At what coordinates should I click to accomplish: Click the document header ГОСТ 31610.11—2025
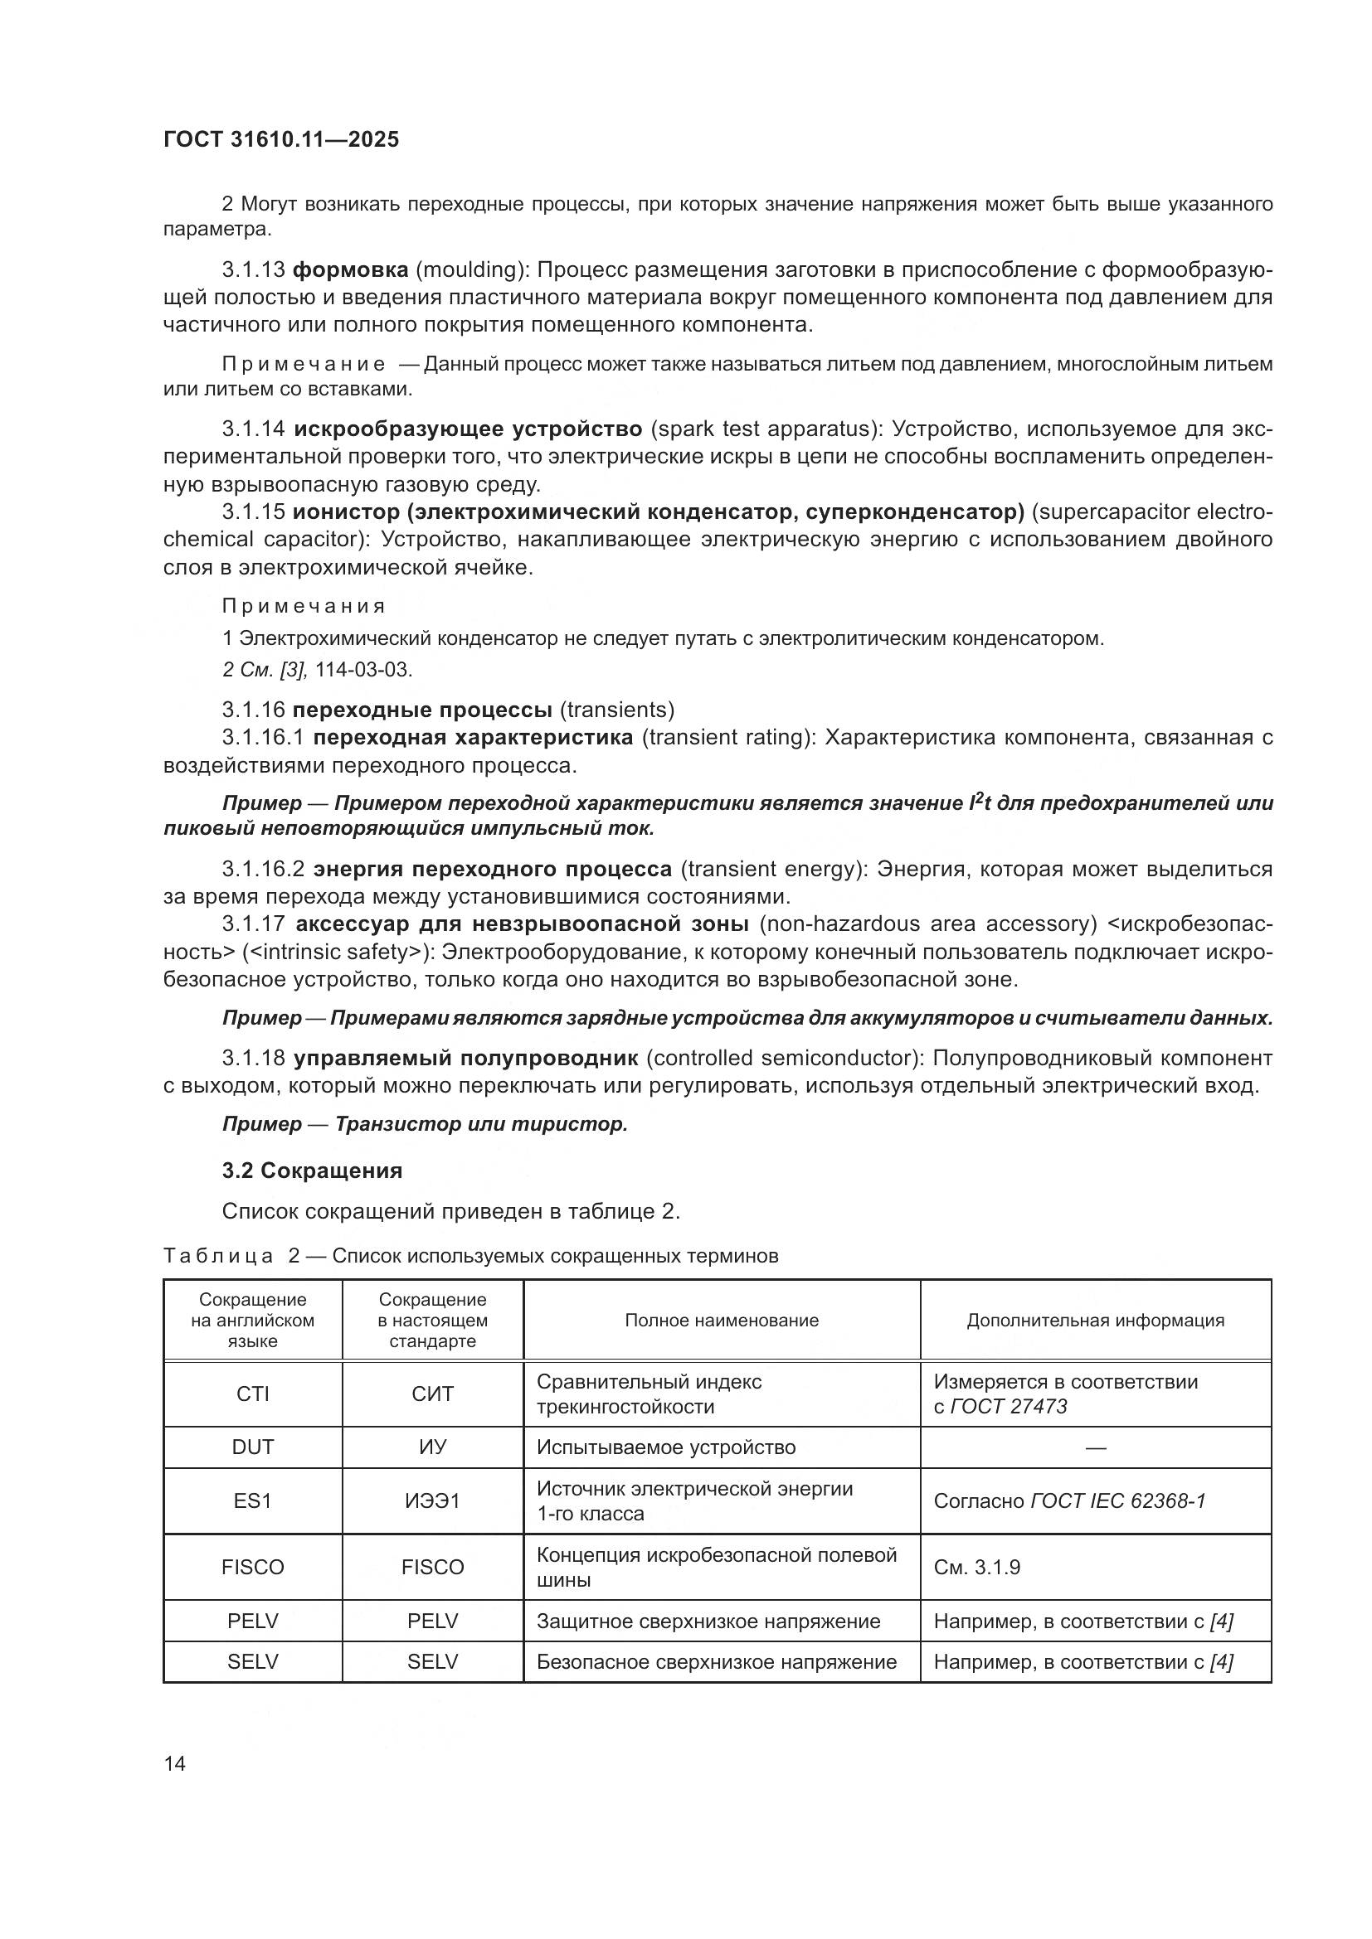280,140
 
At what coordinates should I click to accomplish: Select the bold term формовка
350,270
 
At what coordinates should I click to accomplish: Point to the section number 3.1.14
254,429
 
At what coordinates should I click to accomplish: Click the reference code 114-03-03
363,670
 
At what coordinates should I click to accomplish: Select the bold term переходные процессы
421,710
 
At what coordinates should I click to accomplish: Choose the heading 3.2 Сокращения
312,1171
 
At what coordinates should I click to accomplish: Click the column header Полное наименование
722,1320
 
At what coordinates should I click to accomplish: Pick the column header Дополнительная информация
1095,1320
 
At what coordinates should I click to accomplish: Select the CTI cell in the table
253,1394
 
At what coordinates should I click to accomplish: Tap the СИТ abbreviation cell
432,1394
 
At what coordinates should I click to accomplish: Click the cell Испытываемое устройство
666,1447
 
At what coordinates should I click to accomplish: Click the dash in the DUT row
1095,1447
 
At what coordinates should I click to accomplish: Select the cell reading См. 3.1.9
976,1568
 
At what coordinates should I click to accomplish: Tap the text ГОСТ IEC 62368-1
1117,1500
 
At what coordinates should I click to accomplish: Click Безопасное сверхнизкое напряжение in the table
717,1662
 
